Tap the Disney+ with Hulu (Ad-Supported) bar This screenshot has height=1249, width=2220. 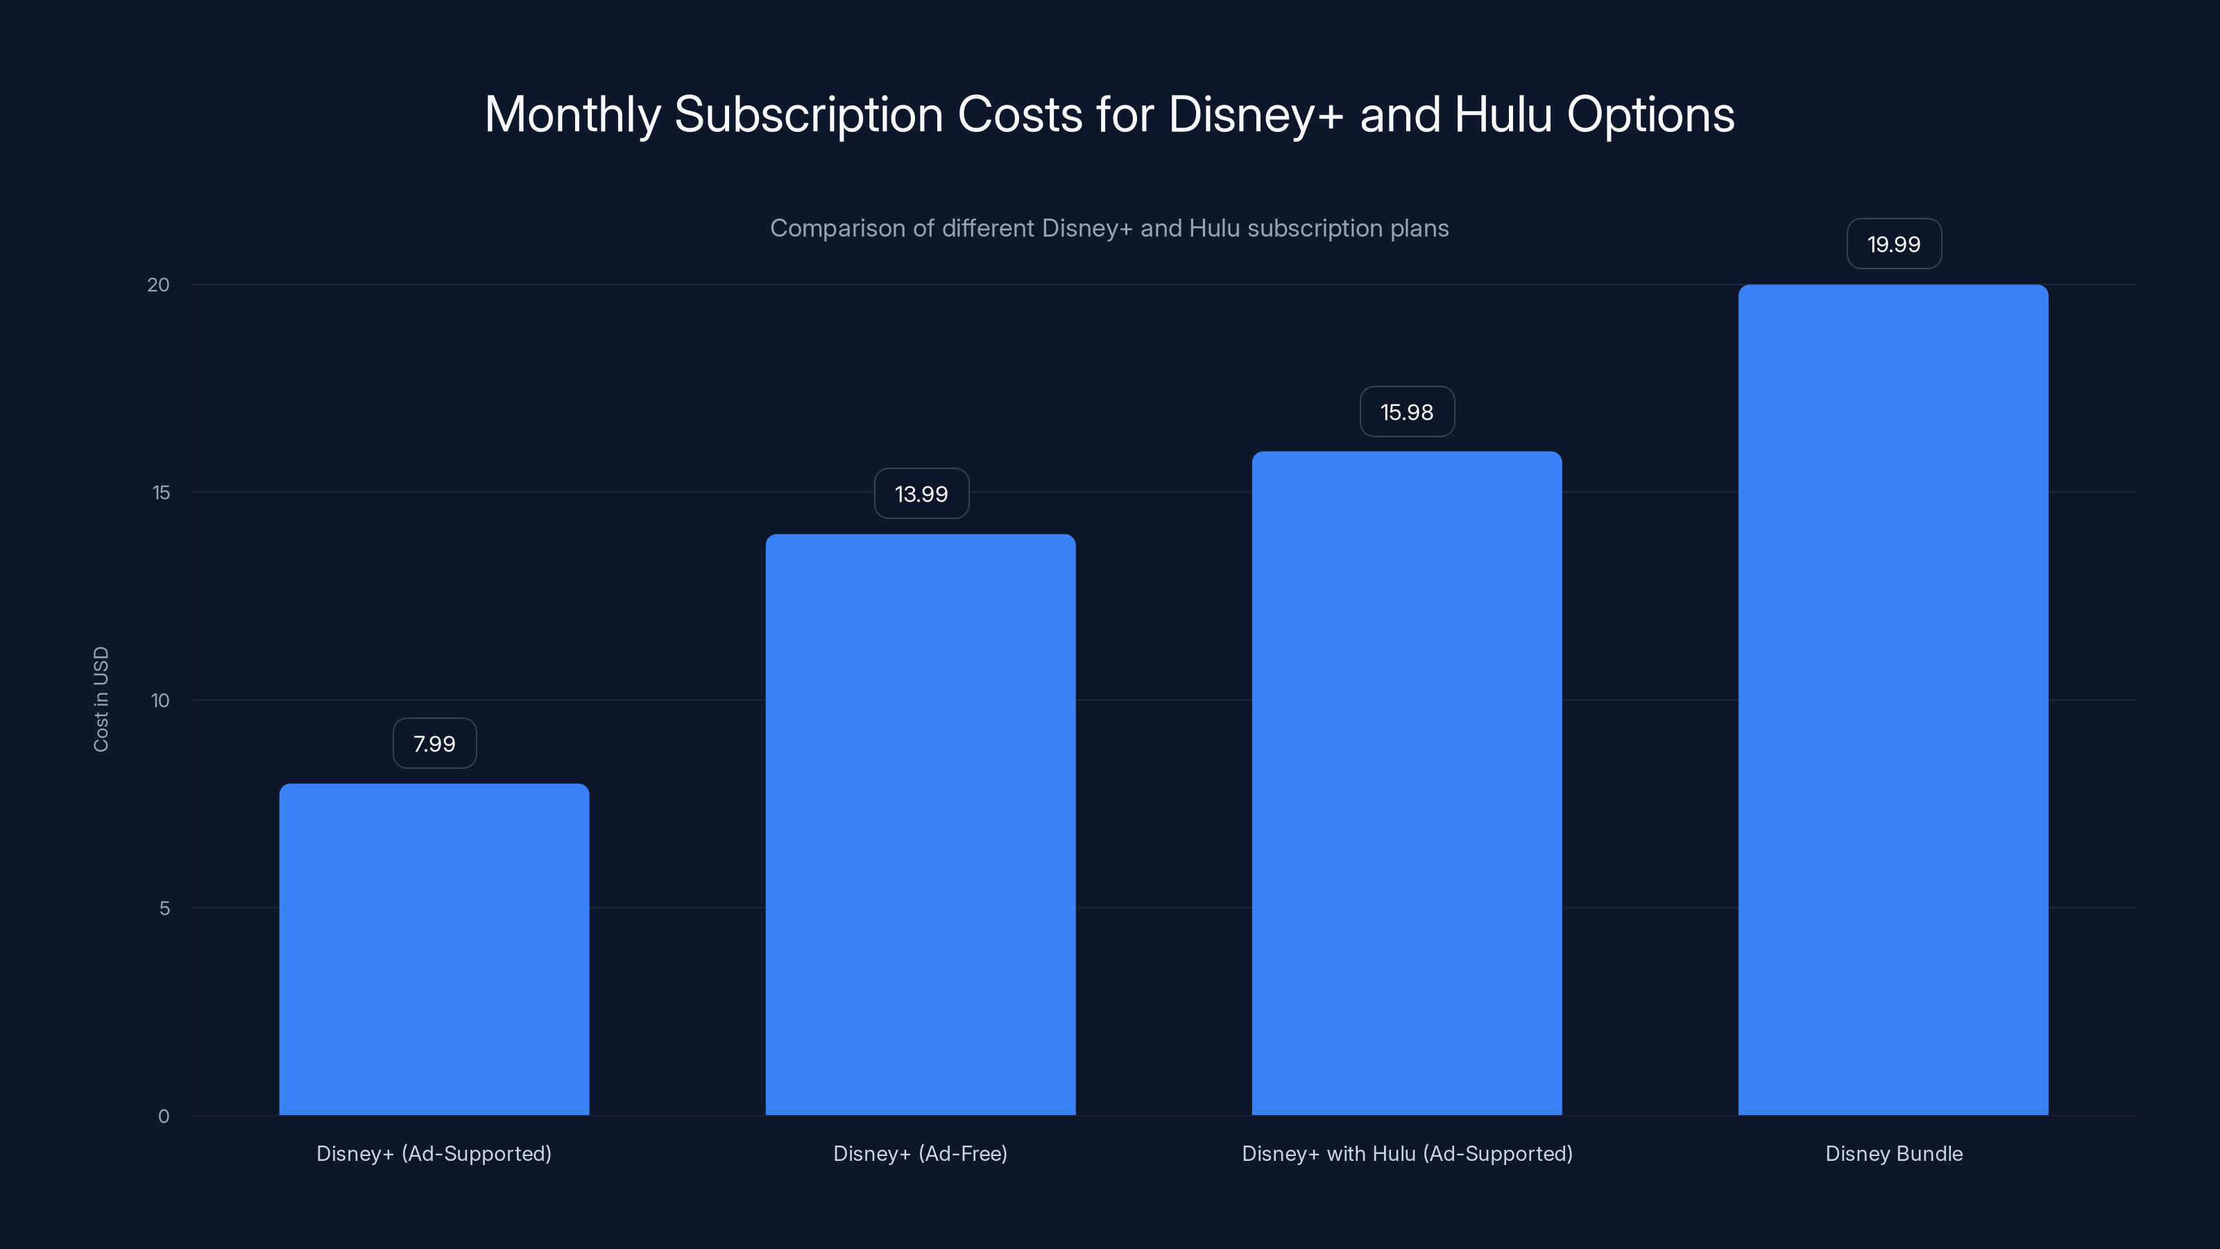1406,783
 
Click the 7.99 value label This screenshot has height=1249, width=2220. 434,744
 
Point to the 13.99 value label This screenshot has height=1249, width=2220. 921,494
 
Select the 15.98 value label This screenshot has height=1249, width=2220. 1406,412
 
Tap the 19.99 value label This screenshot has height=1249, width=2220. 1893,244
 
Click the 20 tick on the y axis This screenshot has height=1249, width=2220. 159,285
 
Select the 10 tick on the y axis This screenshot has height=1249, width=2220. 160,701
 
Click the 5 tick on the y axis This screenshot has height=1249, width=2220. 164,908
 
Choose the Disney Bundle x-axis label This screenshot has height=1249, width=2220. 1893,1153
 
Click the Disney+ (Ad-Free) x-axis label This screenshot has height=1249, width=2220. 921,1153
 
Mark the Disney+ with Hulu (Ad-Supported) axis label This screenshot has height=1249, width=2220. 1406,1153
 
